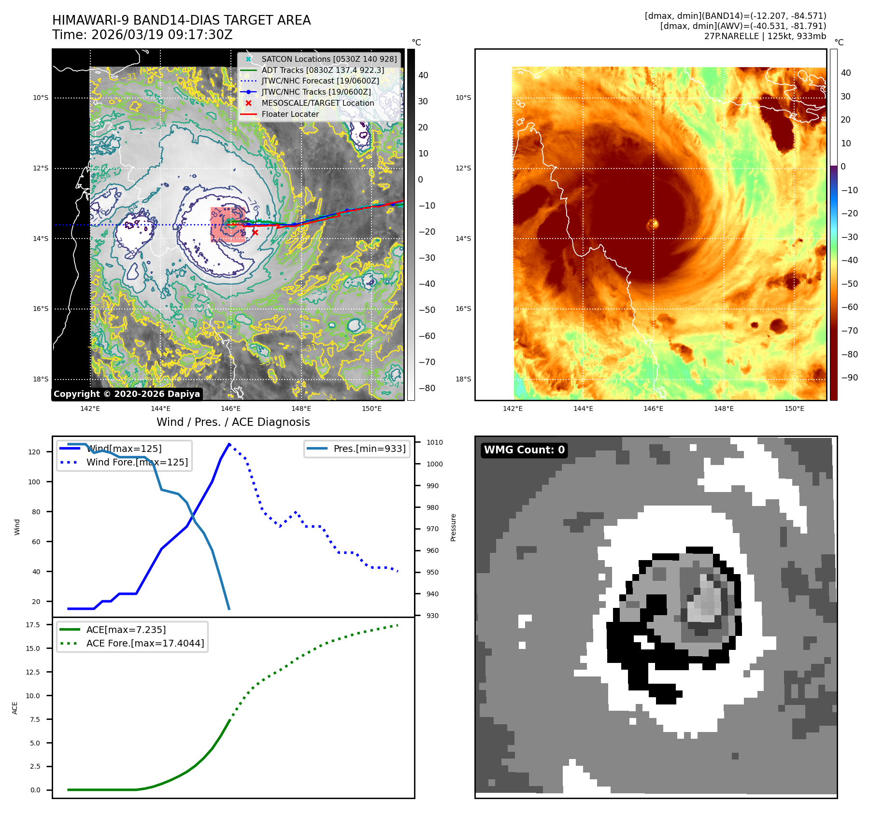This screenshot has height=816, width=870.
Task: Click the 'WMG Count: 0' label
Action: pyautogui.click(x=524, y=450)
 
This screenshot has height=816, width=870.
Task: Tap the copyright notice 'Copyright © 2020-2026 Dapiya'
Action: pyautogui.click(x=127, y=394)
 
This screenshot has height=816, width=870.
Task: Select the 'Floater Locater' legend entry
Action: pyautogui.click(x=290, y=114)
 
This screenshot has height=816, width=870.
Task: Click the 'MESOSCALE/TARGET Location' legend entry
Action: pyautogui.click(x=317, y=103)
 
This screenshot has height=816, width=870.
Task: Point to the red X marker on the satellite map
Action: pyautogui.click(x=255, y=233)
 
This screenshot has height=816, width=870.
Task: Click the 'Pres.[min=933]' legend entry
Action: pyautogui.click(x=369, y=449)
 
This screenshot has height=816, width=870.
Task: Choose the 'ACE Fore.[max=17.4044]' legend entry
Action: pyautogui.click(x=145, y=644)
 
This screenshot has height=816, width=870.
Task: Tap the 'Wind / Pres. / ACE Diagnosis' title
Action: pyautogui.click(x=233, y=422)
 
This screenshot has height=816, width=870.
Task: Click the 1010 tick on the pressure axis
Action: pyautogui.click(x=434, y=442)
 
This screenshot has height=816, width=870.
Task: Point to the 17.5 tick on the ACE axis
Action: pyautogui.click(x=33, y=625)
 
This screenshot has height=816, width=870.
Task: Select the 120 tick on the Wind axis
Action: pyautogui.click(x=34, y=452)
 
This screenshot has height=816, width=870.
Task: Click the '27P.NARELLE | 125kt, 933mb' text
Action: pyautogui.click(x=765, y=36)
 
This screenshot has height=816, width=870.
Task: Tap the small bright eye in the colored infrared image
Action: pyautogui.click(x=653, y=224)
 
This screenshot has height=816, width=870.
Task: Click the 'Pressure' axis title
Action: pyautogui.click(x=453, y=527)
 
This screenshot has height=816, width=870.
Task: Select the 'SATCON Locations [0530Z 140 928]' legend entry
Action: pyautogui.click(x=328, y=59)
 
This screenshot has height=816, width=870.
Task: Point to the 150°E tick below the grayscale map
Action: pyautogui.click(x=371, y=409)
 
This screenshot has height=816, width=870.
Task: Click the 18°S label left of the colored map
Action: pyautogui.click(x=463, y=380)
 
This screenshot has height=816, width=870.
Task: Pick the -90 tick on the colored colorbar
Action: pyautogui.click(x=849, y=378)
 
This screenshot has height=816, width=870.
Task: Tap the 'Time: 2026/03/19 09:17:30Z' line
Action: pyautogui.click(x=143, y=35)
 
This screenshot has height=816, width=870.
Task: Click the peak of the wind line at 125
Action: pyautogui.click(x=229, y=444)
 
